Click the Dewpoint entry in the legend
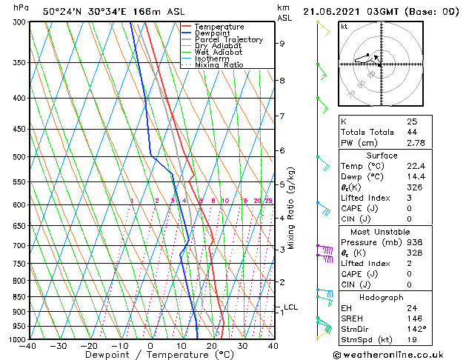pyautogui.click(x=212, y=33)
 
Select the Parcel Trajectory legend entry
pyautogui.click(x=228, y=40)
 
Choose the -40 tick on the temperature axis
pyautogui.click(x=28, y=346)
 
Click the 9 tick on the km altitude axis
pyautogui.click(x=282, y=44)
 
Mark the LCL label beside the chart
pyautogui.click(x=290, y=307)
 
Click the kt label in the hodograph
pyautogui.click(x=344, y=27)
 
